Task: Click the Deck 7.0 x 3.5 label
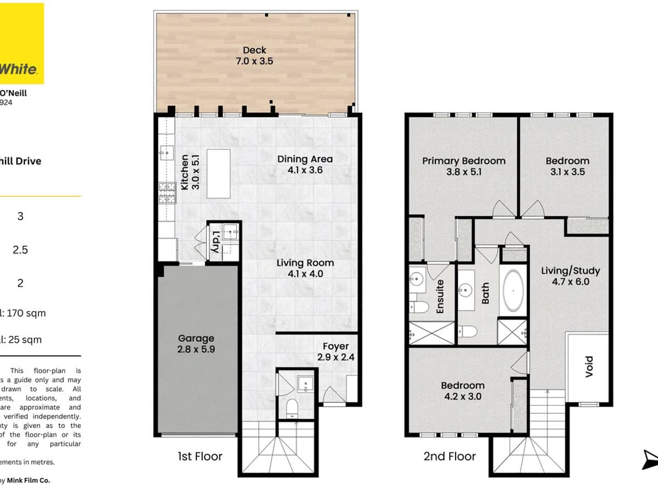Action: pyautogui.click(x=254, y=56)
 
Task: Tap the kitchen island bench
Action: pyautogui.click(x=219, y=173)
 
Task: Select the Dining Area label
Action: pyautogui.click(x=305, y=165)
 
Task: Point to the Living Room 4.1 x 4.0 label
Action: pyautogui.click(x=305, y=268)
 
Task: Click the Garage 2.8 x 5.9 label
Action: pyautogui.click(x=196, y=344)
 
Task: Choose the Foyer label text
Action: pyautogui.click(x=336, y=352)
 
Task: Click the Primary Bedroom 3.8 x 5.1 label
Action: pyautogui.click(x=463, y=166)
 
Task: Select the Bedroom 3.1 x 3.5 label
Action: pyautogui.click(x=567, y=166)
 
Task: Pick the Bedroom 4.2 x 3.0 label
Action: pyautogui.click(x=463, y=391)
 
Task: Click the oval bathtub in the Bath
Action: pyautogui.click(x=513, y=291)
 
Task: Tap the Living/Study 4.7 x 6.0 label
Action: pyautogui.click(x=570, y=276)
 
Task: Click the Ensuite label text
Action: pyautogui.click(x=440, y=296)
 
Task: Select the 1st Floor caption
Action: pyautogui.click(x=200, y=456)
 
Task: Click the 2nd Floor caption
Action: pyautogui.click(x=449, y=456)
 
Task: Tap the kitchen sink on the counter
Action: pyautogui.click(x=164, y=151)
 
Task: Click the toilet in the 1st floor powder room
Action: pyautogui.click(x=292, y=407)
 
